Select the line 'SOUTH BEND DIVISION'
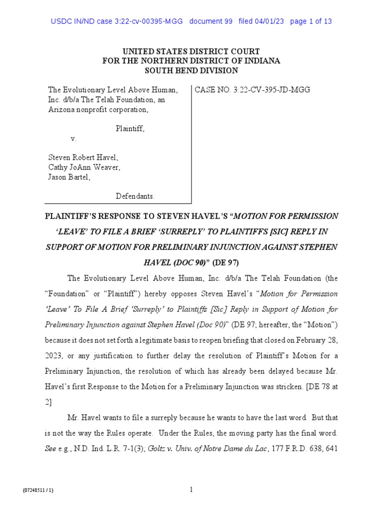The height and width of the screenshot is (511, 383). point(191,71)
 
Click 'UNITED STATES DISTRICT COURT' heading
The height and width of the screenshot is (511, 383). point(191,51)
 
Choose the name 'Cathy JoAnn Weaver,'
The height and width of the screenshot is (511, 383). point(84,167)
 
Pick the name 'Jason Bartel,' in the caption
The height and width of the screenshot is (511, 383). point(69,177)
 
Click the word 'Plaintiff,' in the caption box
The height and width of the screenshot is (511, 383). point(130,128)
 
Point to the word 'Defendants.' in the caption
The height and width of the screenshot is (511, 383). point(135,196)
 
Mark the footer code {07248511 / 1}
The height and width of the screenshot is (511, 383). point(38,491)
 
